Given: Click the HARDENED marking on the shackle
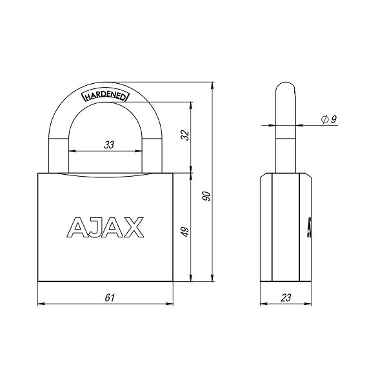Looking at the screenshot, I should pos(106,96).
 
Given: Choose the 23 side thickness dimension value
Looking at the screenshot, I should pos(286,297).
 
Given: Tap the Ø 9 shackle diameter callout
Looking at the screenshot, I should pos(328,119).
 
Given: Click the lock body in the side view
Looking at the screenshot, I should pos(285,229).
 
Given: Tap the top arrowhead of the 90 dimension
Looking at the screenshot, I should pos(213,85).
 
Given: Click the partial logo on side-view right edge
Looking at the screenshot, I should pos(310,226).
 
